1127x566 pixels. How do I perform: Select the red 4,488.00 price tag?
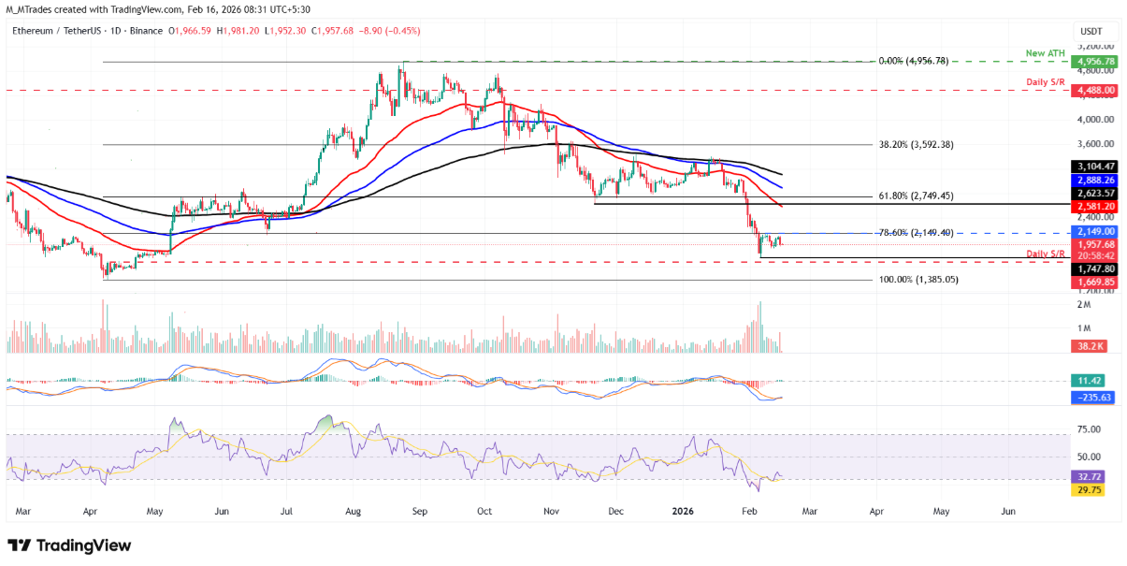pyautogui.click(x=1093, y=91)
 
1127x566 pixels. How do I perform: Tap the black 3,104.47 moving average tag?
pyautogui.click(x=1093, y=166)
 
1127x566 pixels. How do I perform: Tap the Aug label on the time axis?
pyautogui.click(x=353, y=513)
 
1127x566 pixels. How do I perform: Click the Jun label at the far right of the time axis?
pyautogui.click(x=1008, y=513)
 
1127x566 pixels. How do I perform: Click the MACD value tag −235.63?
pyautogui.click(x=1091, y=397)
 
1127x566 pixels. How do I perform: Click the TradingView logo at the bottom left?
pyautogui.click(x=70, y=544)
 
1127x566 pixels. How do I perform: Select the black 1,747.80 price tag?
pyautogui.click(x=1093, y=268)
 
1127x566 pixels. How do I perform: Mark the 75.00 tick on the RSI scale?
pyautogui.click(x=1088, y=429)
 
